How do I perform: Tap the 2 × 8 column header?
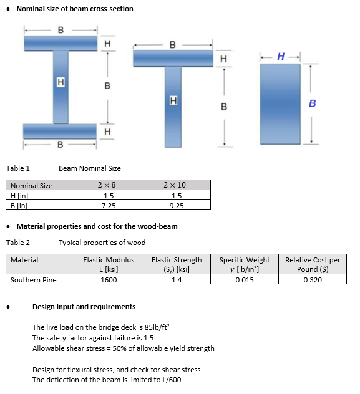107,185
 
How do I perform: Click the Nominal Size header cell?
32,186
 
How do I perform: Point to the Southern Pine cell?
34,280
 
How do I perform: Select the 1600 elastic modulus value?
109,280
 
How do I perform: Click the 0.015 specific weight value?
245,280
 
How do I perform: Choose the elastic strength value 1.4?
177,280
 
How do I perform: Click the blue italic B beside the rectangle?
313,103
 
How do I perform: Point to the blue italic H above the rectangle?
281,57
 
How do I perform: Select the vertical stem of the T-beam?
173,106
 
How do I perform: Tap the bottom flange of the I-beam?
61,131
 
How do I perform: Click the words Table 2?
18,243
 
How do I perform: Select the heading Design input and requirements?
84,307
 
